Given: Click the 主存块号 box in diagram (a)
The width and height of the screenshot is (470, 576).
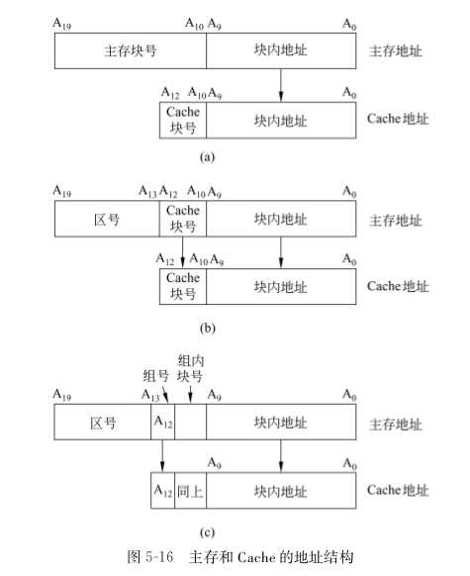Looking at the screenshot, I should [129, 50].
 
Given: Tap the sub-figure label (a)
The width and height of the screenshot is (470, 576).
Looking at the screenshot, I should [207, 155].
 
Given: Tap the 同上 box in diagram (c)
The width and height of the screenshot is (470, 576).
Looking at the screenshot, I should [190, 490].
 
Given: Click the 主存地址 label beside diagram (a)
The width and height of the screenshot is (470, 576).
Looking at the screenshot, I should [395, 50].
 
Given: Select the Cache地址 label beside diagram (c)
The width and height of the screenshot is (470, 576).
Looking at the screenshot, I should [398, 490].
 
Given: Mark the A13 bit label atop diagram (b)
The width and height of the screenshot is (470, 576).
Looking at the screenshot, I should [147, 190].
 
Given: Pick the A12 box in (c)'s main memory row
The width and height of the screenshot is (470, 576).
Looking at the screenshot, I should [162, 424].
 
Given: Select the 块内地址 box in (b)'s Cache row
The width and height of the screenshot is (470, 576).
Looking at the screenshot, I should [281, 287].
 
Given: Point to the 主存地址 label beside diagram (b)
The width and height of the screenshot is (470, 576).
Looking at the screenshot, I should [395, 219].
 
